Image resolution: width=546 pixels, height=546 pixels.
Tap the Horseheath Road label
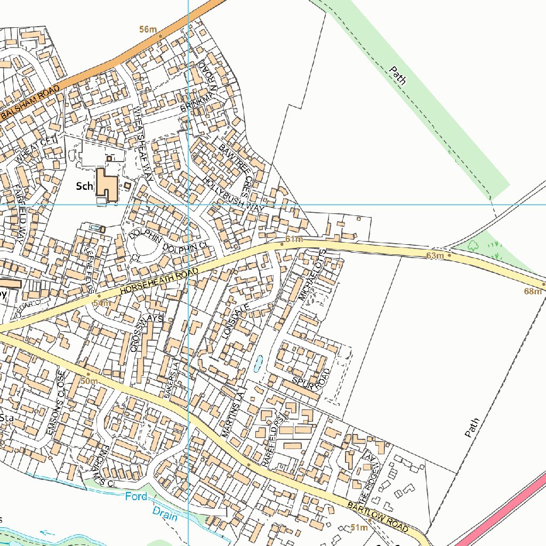click(x=158, y=282)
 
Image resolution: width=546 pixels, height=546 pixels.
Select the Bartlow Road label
click(x=379, y=515)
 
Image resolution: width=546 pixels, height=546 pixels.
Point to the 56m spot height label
click(x=148, y=29)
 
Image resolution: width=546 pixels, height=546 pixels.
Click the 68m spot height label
click(x=532, y=291)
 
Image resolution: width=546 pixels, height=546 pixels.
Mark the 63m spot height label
click(x=435, y=256)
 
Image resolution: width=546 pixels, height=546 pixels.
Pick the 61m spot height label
click(x=294, y=239)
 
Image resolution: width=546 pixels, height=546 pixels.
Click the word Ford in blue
click(x=136, y=496)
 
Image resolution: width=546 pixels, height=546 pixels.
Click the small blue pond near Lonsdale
click(x=258, y=364)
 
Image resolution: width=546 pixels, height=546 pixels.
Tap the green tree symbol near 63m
click(x=472, y=246)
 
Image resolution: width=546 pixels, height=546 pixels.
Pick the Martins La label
click(x=232, y=413)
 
